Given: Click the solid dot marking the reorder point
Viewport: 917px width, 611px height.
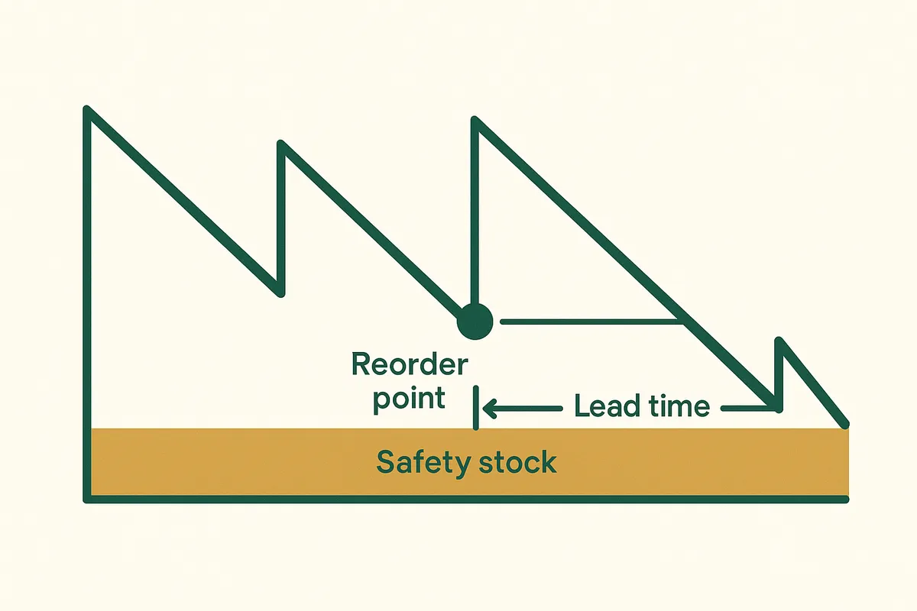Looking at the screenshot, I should pyautogui.click(x=475, y=321).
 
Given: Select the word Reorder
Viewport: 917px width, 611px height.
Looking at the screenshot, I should pyautogui.click(x=409, y=365).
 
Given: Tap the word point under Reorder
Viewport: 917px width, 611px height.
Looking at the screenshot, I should pyautogui.click(x=409, y=399).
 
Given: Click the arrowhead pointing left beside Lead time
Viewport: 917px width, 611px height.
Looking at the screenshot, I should pyautogui.click(x=490, y=409).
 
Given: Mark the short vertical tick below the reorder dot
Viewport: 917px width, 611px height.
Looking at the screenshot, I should pyautogui.click(x=476, y=408).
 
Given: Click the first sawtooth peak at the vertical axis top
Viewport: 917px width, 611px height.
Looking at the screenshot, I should pyautogui.click(x=88, y=110).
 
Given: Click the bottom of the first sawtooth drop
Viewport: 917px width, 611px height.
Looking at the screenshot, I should pyautogui.click(x=280, y=292).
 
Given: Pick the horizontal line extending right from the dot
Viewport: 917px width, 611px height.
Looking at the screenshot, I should pyautogui.click(x=588, y=322).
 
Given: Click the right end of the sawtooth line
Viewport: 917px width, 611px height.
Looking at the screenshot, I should pyautogui.click(x=845, y=424).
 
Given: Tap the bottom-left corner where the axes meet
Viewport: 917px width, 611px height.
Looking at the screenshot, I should pyautogui.click(x=88, y=499).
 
